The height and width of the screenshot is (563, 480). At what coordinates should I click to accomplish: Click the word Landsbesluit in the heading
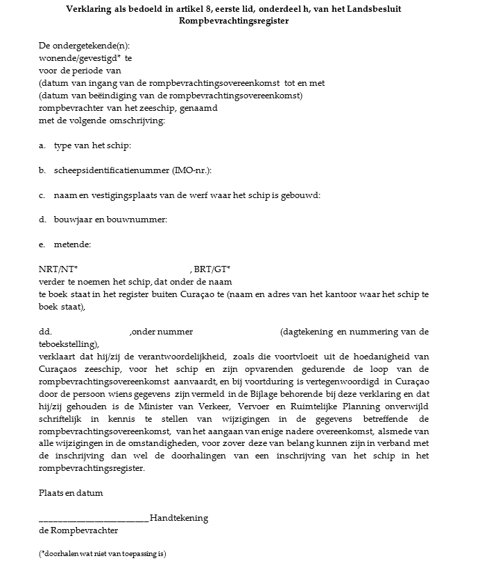tap(372, 9)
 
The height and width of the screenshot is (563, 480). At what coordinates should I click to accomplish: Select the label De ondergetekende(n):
tap(84, 46)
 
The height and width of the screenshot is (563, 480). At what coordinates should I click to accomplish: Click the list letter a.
tap(42, 145)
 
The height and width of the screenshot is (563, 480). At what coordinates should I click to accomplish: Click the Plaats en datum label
tap(71, 493)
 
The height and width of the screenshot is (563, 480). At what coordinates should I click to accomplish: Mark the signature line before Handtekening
tap(94, 519)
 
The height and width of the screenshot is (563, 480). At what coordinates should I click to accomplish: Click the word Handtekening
tap(179, 518)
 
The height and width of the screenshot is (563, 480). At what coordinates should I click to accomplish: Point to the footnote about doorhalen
tap(103, 554)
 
